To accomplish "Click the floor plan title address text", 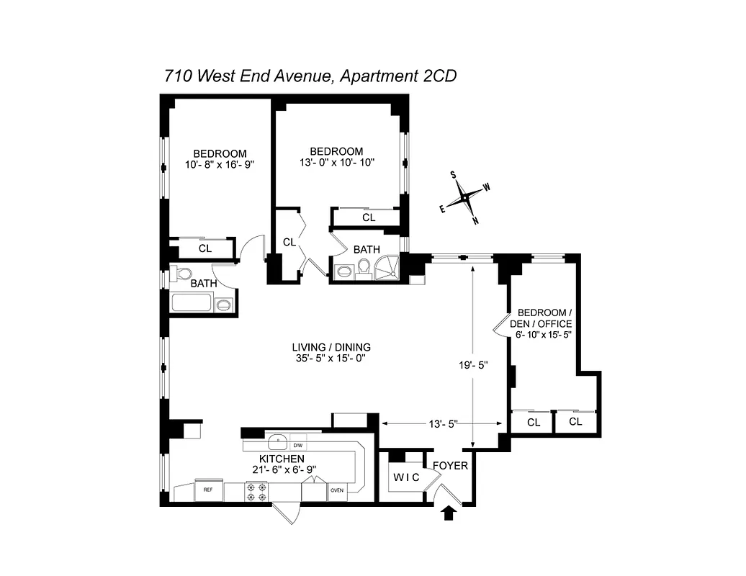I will (310, 76).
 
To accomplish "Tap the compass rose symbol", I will (465, 196).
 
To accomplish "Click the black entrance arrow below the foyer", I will (450, 513).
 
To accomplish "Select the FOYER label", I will (451, 466).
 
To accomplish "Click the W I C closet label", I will (406, 477).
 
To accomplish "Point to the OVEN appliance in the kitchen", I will (337, 490).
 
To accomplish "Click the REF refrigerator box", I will (208, 490).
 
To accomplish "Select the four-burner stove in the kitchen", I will (257, 491).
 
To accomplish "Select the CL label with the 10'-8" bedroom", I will (205, 248).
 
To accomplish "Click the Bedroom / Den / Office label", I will (545, 318).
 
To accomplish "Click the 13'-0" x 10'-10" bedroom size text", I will (336, 163).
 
